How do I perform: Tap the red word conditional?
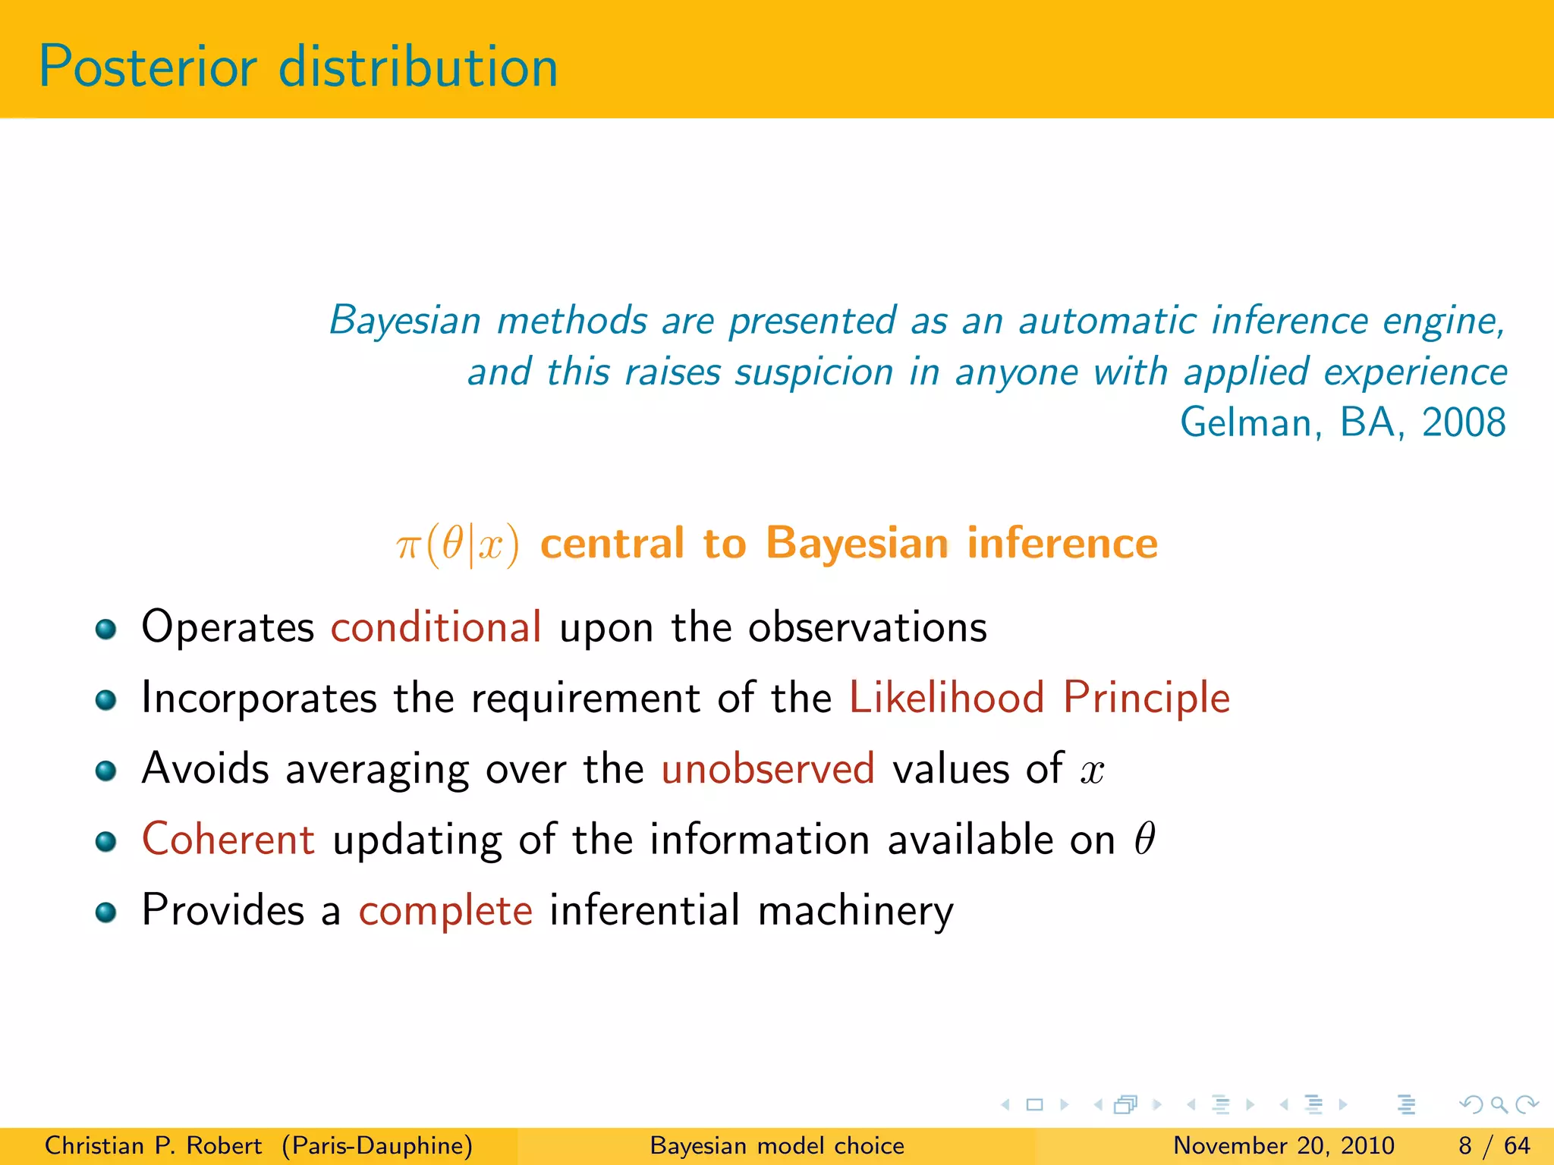click(436, 628)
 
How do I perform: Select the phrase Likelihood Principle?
click(1039, 698)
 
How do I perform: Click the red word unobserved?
click(768, 768)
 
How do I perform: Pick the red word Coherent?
click(228, 840)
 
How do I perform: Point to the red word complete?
click(445, 910)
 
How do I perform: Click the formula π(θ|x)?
click(458, 545)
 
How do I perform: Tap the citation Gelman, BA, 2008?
click(1342, 422)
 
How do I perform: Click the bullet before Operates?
click(106, 629)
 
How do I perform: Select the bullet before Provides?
click(106, 912)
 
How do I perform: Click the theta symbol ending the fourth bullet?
click(1144, 839)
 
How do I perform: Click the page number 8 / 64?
click(1493, 1145)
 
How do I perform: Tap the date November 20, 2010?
click(1283, 1145)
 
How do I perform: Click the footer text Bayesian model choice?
click(777, 1145)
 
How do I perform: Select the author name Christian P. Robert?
click(153, 1145)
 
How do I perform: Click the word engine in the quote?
click(1442, 321)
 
